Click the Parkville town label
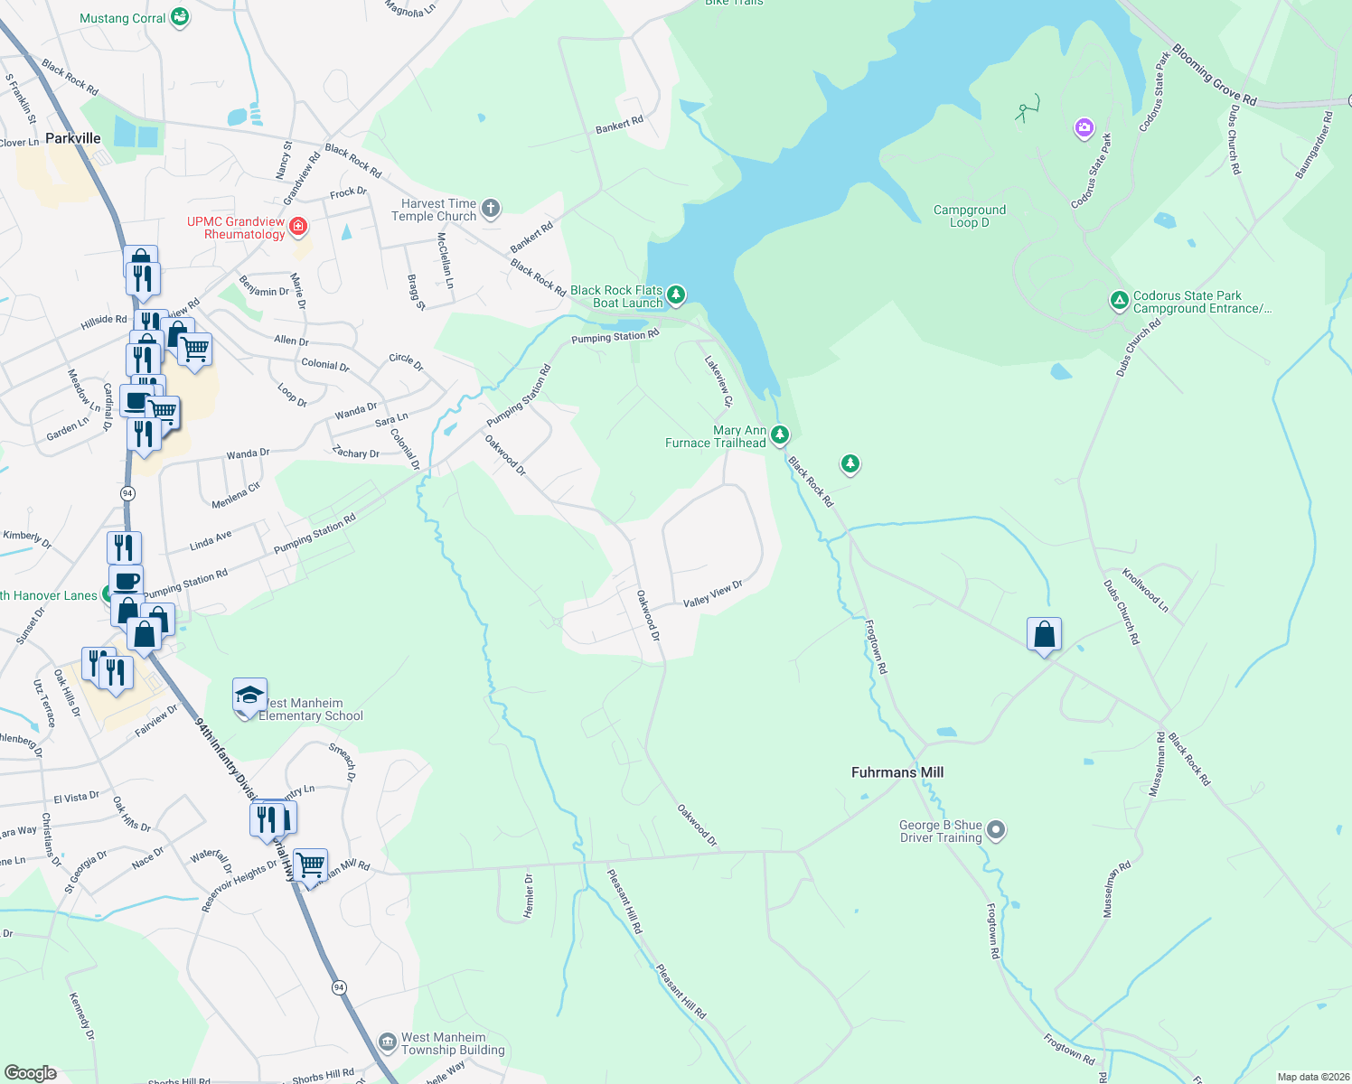pyautogui.click(x=73, y=138)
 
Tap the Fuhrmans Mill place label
pyautogui.click(x=897, y=772)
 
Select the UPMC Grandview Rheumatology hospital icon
pyautogui.click(x=298, y=225)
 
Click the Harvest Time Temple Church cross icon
pyautogui.click(x=491, y=210)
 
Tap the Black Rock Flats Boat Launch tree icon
pyautogui.click(x=676, y=294)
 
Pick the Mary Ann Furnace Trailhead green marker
pyautogui.click(x=780, y=435)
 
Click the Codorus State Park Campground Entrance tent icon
pyautogui.click(x=1119, y=300)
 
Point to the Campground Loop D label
pyautogui.click(x=970, y=216)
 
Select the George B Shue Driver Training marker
pyautogui.click(x=996, y=829)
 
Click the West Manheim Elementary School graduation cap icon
pyautogui.click(x=249, y=696)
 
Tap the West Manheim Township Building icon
pyautogui.click(x=388, y=1042)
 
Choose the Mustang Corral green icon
pyautogui.click(x=180, y=17)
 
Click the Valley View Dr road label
pyautogui.click(x=713, y=593)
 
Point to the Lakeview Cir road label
pyautogui.click(x=718, y=379)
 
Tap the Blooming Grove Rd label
pyautogui.click(x=1215, y=75)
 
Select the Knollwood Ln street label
pyautogui.click(x=1145, y=590)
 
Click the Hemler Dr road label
pyautogui.click(x=529, y=896)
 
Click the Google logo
pyautogui.click(x=31, y=1073)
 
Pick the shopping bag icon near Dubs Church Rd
pyautogui.click(x=1044, y=634)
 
